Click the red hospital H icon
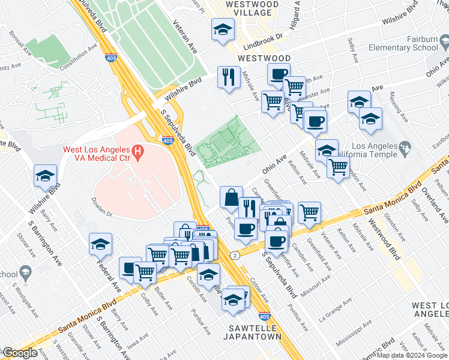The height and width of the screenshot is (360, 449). tap(139, 153)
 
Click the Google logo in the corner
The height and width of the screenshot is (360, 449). tap(20, 353)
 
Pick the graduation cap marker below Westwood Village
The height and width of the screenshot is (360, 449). tap(223, 29)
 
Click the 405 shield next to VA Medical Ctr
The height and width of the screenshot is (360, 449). tap(169, 140)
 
